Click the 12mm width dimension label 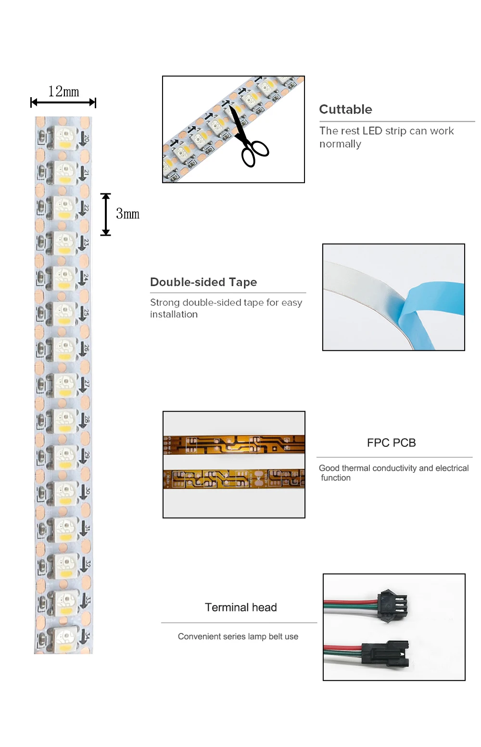pos(63,91)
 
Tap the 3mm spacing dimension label pos(127,214)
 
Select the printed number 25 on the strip pos(86,313)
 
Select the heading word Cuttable pos(345,109)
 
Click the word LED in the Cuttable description pos(372,131)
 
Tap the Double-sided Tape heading pos(203,282)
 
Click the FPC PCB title pos(391,443)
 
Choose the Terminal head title pos(240,607)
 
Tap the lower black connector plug pos(385,653)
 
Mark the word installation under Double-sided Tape pos(174,314)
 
